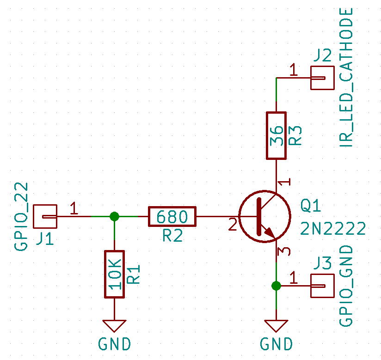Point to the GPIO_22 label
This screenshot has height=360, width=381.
[21, 216]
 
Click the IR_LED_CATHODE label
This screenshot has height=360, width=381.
[346, 78]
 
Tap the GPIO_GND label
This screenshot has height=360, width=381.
[346, 286]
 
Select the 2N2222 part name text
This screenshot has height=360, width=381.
[333, 229]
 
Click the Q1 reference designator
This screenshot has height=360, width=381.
[311, 206]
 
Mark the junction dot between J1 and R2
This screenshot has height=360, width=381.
[115, 216]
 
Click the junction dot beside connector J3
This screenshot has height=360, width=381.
[277, 286]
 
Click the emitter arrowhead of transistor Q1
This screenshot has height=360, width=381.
[270, 232]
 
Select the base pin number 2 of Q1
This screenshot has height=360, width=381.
[233, 225]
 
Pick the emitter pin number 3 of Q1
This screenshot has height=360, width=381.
[284, 252]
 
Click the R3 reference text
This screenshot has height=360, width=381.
[295, 135]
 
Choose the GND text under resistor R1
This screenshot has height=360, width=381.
[115, 344]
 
